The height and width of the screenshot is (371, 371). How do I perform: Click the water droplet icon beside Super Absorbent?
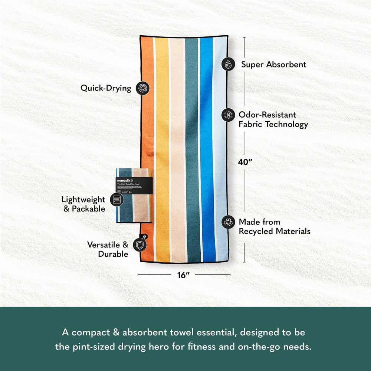click(x=228, y=65)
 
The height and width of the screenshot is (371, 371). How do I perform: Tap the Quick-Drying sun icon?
click(x=141, y=88)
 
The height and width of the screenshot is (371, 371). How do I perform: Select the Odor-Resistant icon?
click(x=228, y=115)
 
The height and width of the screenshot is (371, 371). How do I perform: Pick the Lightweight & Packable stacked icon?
click(x=117, y=200)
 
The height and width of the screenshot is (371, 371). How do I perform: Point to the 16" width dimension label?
click(x=184, y=275)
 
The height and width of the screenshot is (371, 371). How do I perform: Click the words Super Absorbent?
click(x=274, y=65)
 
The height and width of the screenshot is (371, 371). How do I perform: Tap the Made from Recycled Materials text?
click(x=274, y=227)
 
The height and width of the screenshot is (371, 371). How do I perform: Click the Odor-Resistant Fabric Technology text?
click(x=273, y=119)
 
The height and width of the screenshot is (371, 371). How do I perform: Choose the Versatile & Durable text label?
click(x=108, y=249)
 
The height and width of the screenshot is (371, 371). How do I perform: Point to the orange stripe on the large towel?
click(x=148, y=111)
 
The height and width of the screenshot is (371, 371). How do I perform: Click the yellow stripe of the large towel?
click(x=161, y=111)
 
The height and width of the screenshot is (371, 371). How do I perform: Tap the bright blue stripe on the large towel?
click(x=206, y=111)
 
